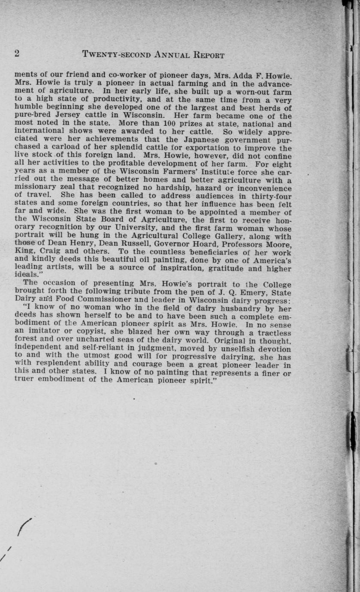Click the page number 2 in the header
[x=17, y=54]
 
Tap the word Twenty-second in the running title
[x=116, y=54]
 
